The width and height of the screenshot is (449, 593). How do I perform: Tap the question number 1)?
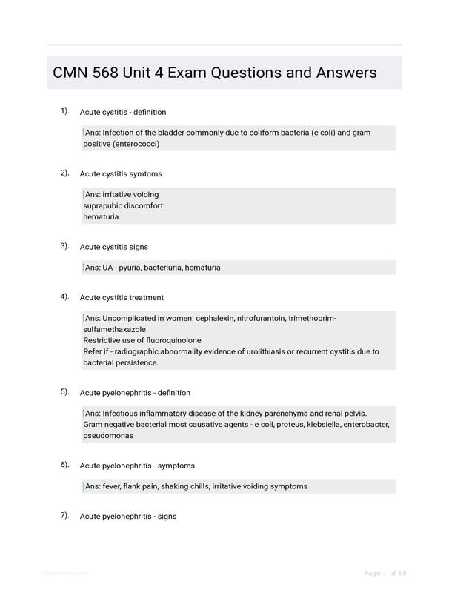tap(65, 111)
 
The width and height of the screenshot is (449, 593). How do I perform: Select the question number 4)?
tap(65, 296)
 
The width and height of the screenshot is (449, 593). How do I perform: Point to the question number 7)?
tap(65, 515)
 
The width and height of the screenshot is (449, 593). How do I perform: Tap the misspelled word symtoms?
tap(144, 173)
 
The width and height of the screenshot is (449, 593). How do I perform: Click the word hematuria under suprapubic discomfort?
tap(101, 217)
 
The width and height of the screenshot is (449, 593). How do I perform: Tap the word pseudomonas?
tap(108, 436)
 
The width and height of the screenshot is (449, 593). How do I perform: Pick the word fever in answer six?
tap(112, 486)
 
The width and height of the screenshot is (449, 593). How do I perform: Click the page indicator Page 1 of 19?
tap(385, 573)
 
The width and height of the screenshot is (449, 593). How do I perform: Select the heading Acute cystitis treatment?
tap(122, 297)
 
